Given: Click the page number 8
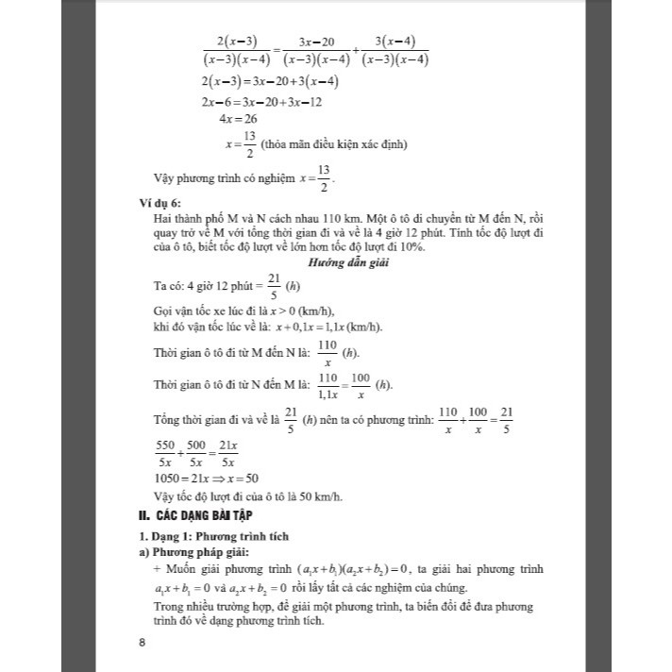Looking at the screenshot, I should pos(142,644).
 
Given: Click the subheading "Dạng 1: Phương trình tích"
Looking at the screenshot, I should pos(211,536).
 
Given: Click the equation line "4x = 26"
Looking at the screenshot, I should pos(237,119).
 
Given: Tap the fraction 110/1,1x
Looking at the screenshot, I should pos(328,385).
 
